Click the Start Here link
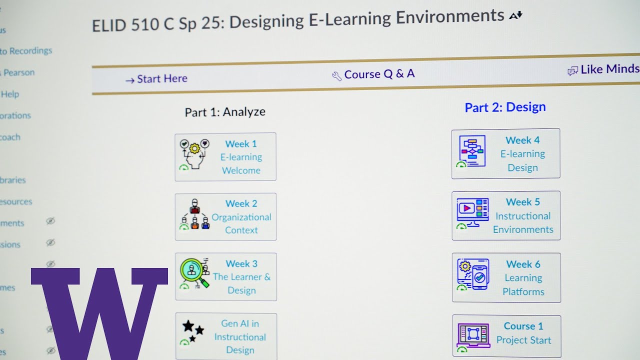coord(156,79)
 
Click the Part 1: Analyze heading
coord(225,112)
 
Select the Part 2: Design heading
coord(505,107)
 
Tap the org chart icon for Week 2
coord(194,215)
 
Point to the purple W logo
coord(99,310)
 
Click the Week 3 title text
coord(241,263)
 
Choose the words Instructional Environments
coord(523,223)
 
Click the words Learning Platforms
coord(523,285)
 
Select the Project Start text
coord(523,340)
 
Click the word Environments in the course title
coord(450,17)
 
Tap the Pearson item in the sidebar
coord(19,72)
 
